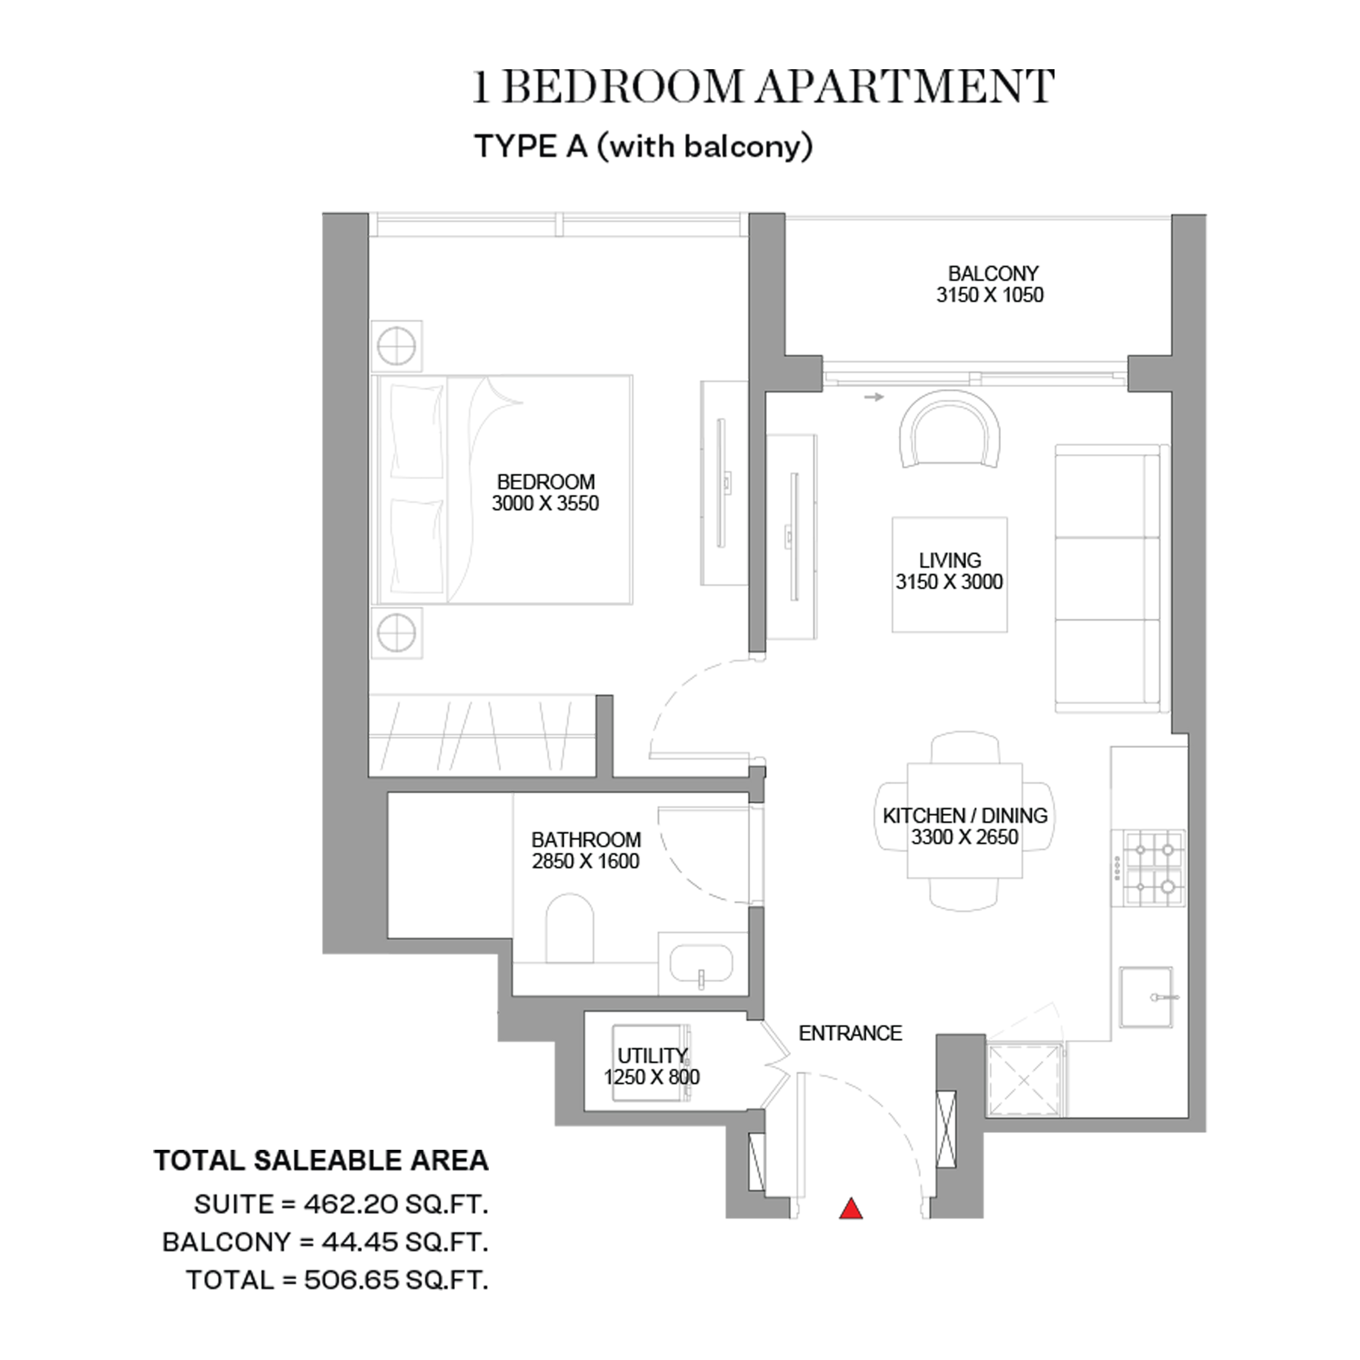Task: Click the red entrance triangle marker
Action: tap(851, 1209)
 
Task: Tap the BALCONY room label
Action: tap(992, 273)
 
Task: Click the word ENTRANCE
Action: tap(850, 1033)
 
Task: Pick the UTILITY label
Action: tap(652, 1056)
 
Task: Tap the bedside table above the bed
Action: tap(396, 346)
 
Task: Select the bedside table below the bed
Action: tap(396, 633)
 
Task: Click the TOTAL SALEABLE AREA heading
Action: tap(321, 1161)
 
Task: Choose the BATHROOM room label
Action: tap(586, 840)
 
